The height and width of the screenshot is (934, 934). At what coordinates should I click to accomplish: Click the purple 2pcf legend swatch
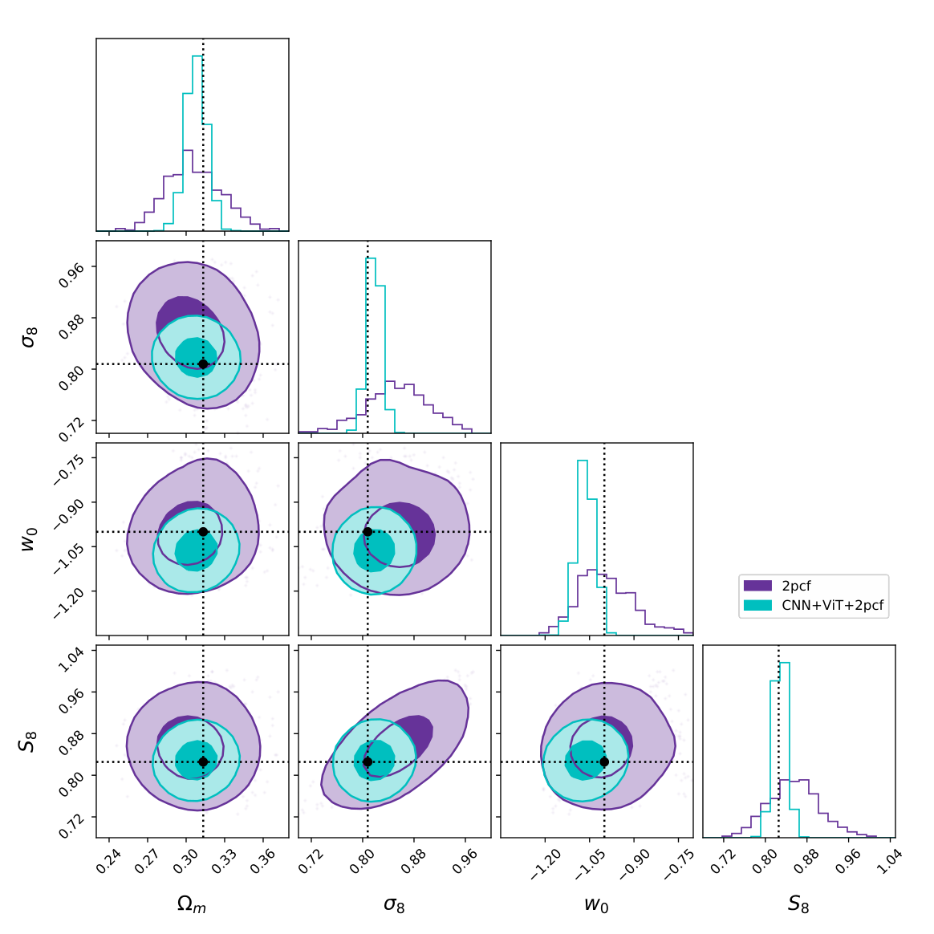[757, 586]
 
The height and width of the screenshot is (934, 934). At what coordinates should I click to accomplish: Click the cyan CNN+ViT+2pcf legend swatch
[757, 605]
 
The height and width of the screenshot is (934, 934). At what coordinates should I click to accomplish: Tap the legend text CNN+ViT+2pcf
[833, 606]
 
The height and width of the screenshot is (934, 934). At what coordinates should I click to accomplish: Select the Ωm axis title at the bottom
[192, 905]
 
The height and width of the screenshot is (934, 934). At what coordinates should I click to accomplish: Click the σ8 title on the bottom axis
[394, 905]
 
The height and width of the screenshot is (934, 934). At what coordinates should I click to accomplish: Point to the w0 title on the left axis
[30, 539]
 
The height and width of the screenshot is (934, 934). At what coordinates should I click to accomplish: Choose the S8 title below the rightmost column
[798, 904]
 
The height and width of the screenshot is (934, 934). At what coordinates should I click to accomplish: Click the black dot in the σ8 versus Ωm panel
[203, 364]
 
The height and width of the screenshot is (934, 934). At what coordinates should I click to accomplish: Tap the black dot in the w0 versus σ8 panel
[368, 532]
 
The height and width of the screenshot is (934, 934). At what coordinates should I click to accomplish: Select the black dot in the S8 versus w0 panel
[604, 761]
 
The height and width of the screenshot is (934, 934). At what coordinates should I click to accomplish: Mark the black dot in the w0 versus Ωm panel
[203, 532]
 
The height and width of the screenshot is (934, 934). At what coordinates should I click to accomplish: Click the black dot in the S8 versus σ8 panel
[368, 761]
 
